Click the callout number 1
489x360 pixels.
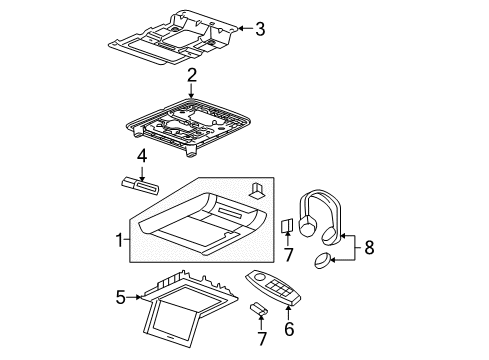coord(120,241)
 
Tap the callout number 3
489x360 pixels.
coord(260,30)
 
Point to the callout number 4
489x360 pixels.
coord(142,156)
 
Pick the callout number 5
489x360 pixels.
coord(120,297)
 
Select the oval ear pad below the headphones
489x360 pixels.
coord(323,262)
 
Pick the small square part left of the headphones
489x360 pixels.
coord(286,228)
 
